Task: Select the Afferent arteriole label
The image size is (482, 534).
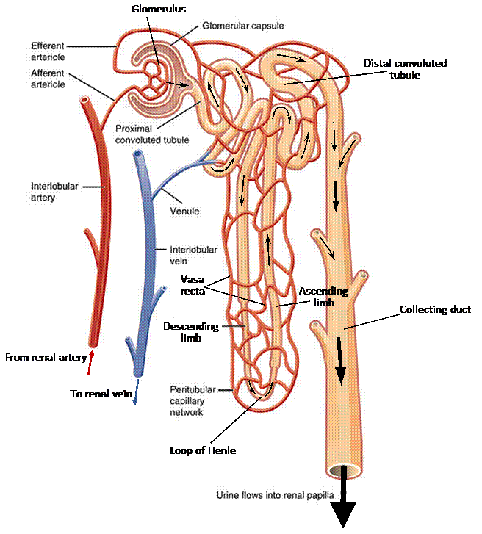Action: (x=48, y=79)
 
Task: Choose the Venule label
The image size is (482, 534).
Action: (x=184, y=212)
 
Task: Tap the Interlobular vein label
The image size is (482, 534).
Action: (x=193, y=255)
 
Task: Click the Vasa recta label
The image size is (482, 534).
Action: (x=193, y=284)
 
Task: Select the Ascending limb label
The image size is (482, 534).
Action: (x=323, y=297)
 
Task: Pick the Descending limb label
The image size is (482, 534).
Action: (x=190, y=331)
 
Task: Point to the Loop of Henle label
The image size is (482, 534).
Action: (x=203, y=450)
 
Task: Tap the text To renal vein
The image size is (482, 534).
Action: (x=101, y=394)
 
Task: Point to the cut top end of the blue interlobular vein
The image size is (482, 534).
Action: (x=138, y=155)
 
